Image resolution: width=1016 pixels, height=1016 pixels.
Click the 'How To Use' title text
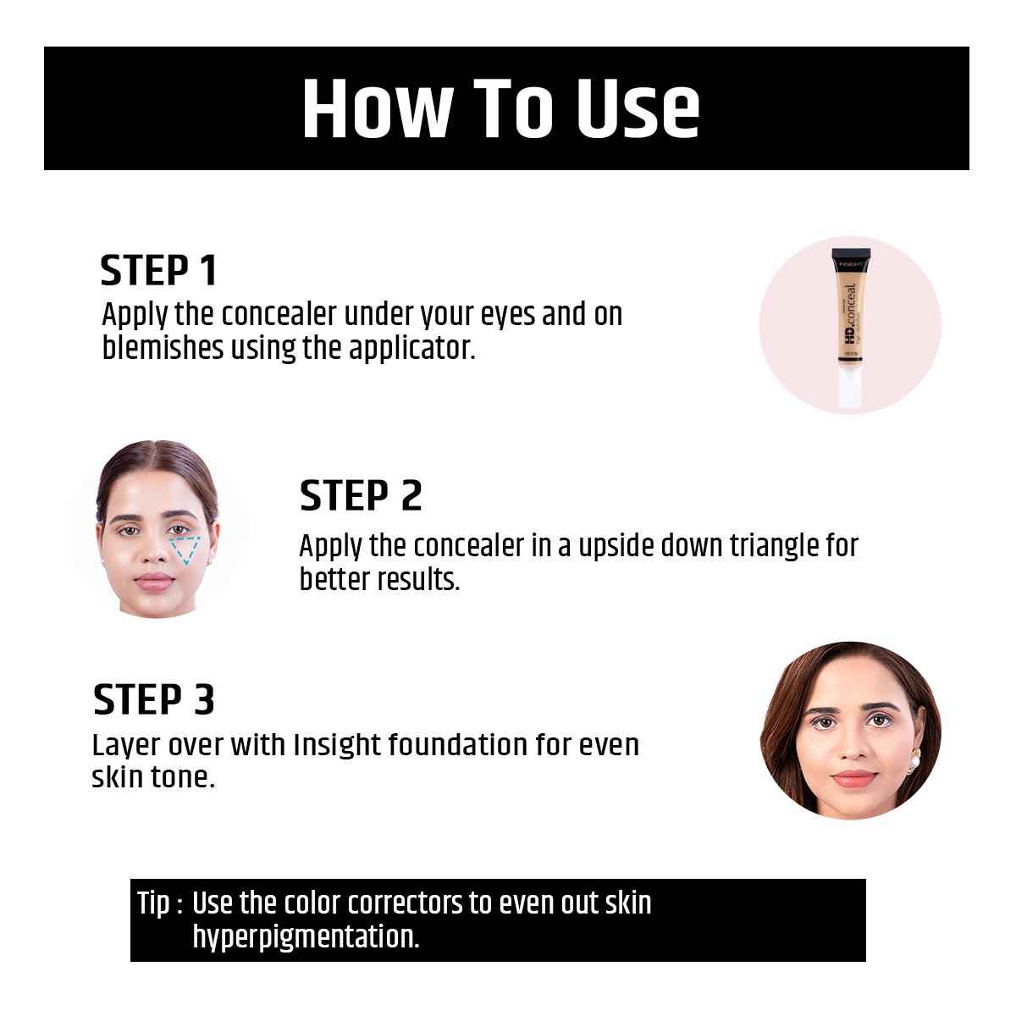click(501, 108)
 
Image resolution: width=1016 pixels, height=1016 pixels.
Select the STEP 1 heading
click(158, 270)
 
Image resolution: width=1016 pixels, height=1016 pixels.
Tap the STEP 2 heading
click(361, 495)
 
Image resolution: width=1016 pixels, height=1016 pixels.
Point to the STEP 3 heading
click(153, 699)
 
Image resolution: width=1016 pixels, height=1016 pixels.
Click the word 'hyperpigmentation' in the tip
click(306, 937)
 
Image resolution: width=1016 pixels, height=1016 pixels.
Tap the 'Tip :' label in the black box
click(160, 903)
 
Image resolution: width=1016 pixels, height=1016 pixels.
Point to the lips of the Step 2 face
click(153, 581)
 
